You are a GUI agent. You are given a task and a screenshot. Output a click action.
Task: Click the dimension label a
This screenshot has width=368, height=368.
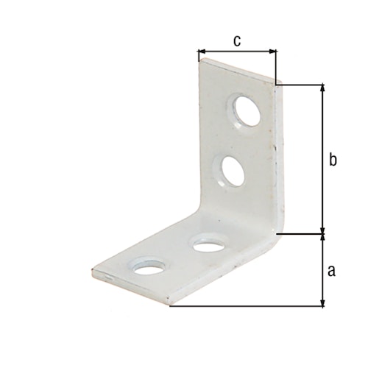(x=331, y=270)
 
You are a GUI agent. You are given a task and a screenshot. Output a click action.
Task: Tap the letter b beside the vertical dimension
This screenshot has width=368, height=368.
(x=332, y=160)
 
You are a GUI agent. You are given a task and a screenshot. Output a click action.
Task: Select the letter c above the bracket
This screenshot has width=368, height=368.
(x=236, y=41)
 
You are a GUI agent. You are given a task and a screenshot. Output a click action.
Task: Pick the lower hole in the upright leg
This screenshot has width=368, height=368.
(x=231, y=170)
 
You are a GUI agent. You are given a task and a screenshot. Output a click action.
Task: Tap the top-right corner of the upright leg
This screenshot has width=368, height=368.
(x=276, y=82)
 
